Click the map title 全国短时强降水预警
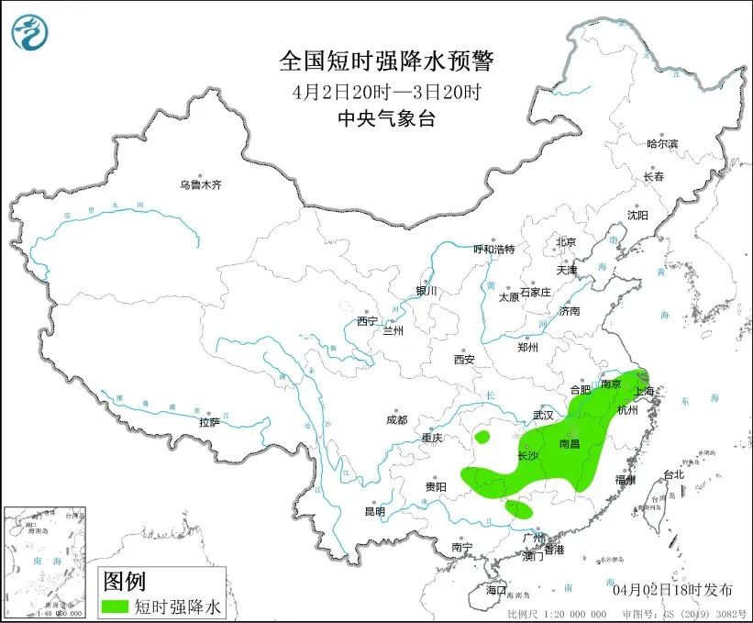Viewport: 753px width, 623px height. coord(386,61)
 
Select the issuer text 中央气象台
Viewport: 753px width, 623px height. coord(386,117)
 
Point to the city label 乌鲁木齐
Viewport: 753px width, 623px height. coord(200,185)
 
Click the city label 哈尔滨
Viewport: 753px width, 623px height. coord(661,144)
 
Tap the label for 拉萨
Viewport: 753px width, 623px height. coord(209,422)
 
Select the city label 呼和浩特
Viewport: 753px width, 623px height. coord(493,250)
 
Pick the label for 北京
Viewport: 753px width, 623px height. coord(565,242)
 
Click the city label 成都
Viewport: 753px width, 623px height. coord(396,419)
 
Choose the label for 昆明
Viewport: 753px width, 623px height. coord(376,511)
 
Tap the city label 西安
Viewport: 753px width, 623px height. coord(463,360)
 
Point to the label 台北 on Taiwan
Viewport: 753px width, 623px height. coord(673,475)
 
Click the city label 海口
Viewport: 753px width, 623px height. coord(496,590)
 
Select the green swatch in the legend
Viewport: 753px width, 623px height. coord(116,606)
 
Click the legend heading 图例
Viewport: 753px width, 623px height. coord(124,581)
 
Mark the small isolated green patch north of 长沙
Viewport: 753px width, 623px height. coord(482,436)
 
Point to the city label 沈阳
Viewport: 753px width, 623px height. coord(637,215)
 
